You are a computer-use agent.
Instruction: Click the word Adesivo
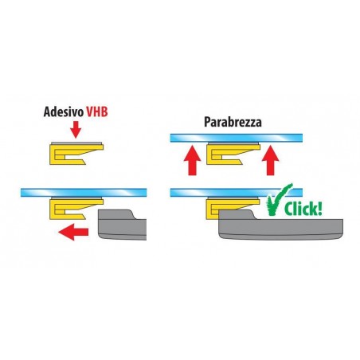pyautogui.click(x=64, y=112)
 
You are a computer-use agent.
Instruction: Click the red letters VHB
pyautogui.click(x=97, y=112)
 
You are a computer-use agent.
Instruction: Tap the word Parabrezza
pyautogui.click(x=233, y=122)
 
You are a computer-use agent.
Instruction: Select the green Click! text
pyautogui.click(x=303, y=209)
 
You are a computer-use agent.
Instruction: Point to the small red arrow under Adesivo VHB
pyautogui.click(x=76, y=130)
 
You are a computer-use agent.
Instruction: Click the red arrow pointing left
pyautogui.click(x=73, y=232)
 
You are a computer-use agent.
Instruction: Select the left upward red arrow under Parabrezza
pyautogui.click(x=192, y=161)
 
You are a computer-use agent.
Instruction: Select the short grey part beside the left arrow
pyautogui.click(x=122, y=225)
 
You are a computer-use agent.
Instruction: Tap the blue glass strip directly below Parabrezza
pyautogui.click(x=237, y=138)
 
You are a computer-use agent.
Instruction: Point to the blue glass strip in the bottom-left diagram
pyautogui.click(x=84, y=193)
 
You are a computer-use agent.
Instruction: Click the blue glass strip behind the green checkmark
pyautogui.click(x=237, y=193)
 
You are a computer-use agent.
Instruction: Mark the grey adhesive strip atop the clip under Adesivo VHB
pyautogui.click(x=76, y=143)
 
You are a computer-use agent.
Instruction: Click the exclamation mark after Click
pyautogui.click(x=319, y=209)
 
